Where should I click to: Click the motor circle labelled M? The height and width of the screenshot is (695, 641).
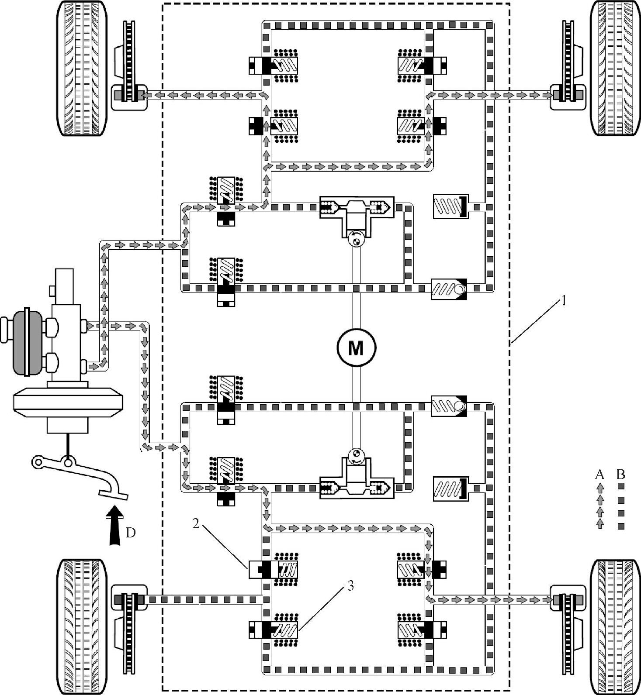coord(356,347)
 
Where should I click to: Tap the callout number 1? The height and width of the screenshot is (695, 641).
coord(564,301)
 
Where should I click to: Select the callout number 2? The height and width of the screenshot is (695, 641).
coord(196,523)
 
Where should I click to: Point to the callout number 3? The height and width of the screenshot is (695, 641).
coord(350,586)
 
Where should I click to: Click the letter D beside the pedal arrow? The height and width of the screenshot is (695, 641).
coord(130,533)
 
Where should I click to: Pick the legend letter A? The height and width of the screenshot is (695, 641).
coord(599,474)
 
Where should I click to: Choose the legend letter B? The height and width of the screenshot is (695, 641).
coord(620,474)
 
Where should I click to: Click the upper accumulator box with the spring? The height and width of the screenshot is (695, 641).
coord(450,206)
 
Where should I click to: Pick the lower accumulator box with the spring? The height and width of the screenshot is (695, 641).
coord(450,489)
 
